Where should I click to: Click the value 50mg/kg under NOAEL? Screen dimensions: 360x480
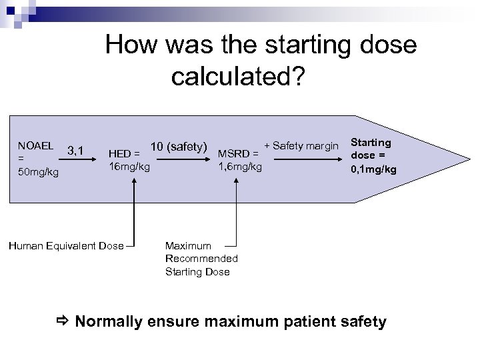point(39,173)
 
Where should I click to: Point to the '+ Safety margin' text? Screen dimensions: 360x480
point(301,145)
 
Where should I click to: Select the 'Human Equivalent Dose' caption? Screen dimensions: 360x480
point(75,246)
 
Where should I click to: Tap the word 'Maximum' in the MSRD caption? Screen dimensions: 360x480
point(188,246)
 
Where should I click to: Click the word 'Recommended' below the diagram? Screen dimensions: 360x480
point(201,259)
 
